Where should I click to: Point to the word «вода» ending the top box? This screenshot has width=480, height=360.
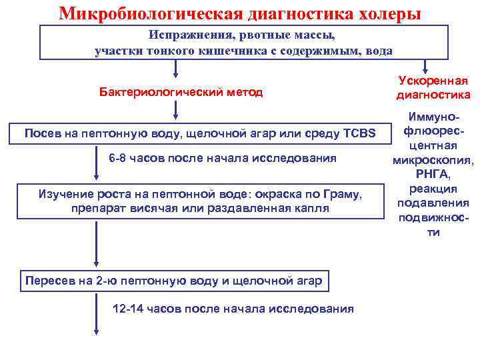380,51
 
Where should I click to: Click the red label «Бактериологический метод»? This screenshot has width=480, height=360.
181,92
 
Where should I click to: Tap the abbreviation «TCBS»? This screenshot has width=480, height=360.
359,133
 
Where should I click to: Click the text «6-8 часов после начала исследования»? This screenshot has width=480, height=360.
223,158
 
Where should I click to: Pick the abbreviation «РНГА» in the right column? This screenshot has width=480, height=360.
433,175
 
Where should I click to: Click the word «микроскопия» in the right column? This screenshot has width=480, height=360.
433,161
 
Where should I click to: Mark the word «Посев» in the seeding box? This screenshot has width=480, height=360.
40,133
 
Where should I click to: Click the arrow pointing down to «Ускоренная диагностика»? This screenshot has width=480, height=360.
425,65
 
